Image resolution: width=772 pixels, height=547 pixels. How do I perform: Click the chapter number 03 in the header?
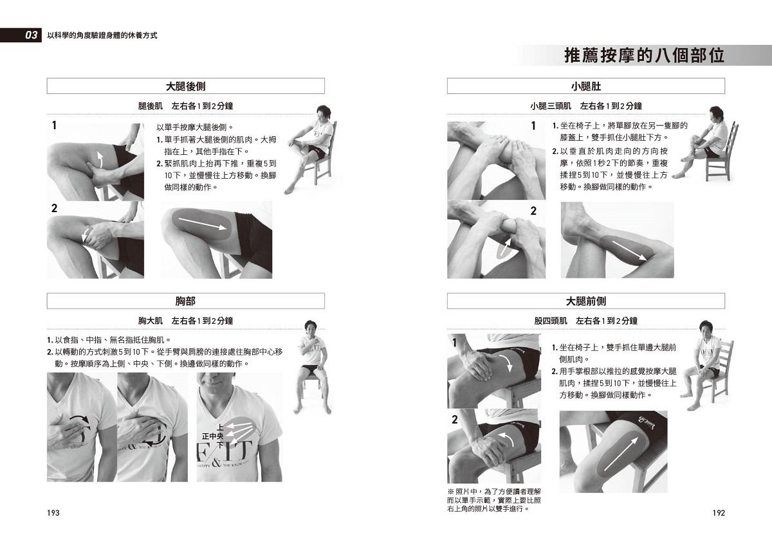tap(31, 35)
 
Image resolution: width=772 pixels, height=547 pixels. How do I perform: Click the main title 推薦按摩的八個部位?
tap(644, 56)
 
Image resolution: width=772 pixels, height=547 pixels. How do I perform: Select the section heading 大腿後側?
tap(185, 86)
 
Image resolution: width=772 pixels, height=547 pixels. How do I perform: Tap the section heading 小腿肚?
tap(586, 86)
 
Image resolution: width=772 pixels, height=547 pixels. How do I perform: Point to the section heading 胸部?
tap(185, 301)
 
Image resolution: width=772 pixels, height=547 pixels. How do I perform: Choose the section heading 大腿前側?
tap(586, 301)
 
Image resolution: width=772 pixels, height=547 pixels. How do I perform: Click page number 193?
tap(53, 513)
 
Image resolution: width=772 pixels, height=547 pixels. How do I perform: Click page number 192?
tap(719, 513)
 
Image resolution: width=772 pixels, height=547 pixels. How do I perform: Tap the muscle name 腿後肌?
tap(151, 106)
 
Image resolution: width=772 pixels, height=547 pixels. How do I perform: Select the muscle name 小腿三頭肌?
tap(551, 106)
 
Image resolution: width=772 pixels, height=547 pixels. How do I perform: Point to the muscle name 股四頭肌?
tap(551, 321)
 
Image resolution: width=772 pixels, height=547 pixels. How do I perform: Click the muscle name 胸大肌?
tap(151, 321)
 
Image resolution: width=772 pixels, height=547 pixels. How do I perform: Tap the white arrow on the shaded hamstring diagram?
tap(202, 223)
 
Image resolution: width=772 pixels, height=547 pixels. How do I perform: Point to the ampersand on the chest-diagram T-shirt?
tap(216, 462)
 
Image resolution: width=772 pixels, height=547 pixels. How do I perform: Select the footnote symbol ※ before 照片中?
tap(451, 492)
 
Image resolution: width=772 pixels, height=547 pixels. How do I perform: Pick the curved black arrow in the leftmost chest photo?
tap(79, 419)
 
